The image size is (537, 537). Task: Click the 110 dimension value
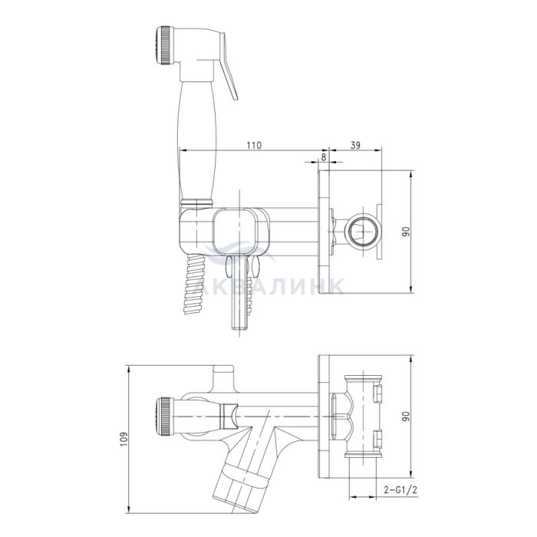pos(254,145)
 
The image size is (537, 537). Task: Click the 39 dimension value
pos(356,145)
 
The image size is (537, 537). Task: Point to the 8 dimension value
pos(324,156)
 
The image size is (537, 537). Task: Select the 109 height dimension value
pos(124,439)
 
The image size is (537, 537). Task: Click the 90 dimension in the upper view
pos(406,232)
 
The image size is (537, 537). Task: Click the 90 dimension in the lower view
pos(406,417)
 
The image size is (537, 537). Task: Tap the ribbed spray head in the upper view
pos(164,44)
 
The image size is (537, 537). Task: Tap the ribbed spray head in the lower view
pos(164,417)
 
